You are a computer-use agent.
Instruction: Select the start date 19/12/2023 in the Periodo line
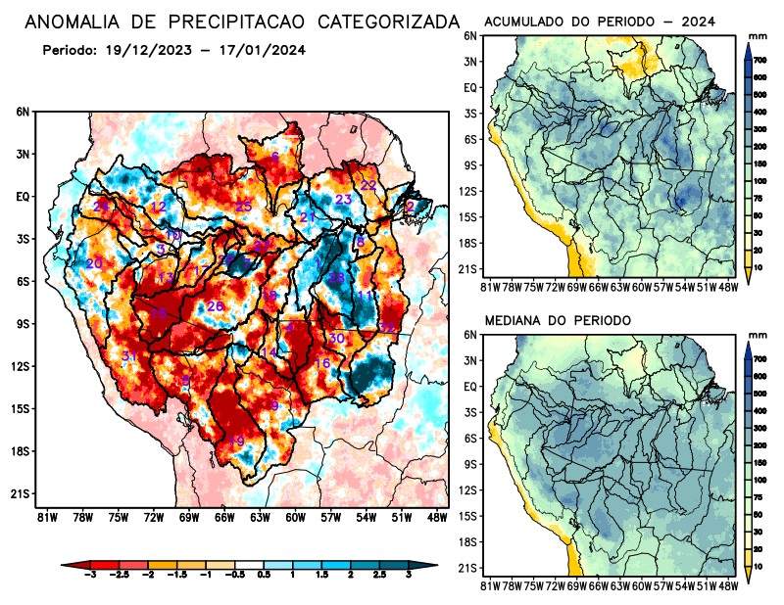tap(152, 50)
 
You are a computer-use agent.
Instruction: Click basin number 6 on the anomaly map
tap(275, 158)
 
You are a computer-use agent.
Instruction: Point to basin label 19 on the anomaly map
tap(236, 442)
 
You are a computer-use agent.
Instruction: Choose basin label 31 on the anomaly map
tap(129, 356)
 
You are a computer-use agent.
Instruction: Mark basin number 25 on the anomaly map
tap(244, 206)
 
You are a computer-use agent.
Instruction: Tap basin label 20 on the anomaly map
tap(94, 264)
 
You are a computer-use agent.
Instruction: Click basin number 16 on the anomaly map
tap(321, 364)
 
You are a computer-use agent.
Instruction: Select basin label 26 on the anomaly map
tap(216, 306)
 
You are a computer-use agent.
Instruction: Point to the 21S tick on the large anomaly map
tap(21, 493)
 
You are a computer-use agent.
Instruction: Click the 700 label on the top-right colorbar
tap(760, 60)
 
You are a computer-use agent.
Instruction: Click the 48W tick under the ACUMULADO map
tap(728, 286)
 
